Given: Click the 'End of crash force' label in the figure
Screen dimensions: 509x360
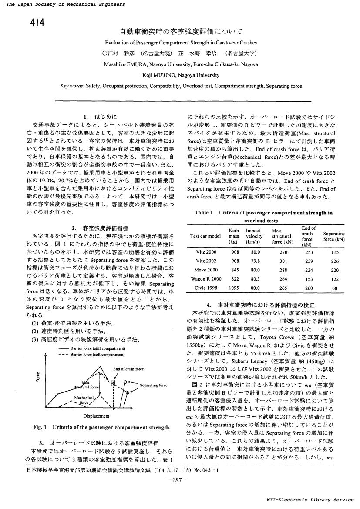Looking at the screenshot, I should coord(128,369).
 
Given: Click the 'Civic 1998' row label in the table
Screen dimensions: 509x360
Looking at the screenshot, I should coord(206,288).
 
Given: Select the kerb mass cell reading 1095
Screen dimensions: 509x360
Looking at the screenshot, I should coord(234,288).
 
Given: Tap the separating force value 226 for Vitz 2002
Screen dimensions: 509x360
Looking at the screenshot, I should coord(334,261).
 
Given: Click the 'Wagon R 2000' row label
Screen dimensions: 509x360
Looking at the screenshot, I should coord(206,279).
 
